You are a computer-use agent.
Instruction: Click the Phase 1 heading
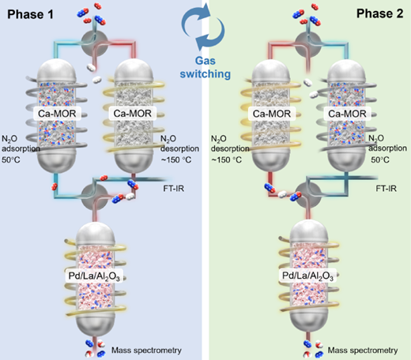click(30, 14)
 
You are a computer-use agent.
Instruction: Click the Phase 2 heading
click(379, 13)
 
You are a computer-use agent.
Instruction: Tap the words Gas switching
click(205, 68)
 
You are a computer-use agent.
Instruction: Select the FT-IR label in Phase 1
click(174, 189)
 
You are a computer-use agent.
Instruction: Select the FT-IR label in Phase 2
click(386, 189)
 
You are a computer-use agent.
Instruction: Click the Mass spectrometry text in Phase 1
click(146, 351)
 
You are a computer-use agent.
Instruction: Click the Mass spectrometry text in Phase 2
click(363, 351)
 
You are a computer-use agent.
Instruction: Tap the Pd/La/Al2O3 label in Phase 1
click(94, 276)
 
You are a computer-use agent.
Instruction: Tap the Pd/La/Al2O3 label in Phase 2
click(307, 276)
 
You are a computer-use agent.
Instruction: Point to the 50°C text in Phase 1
click(11, 159)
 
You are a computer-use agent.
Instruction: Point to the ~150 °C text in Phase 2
click(226, 159)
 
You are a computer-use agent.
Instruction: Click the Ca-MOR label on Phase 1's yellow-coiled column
click(133, 114)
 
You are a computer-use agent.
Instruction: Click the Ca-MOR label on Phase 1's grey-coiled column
click(57, 114)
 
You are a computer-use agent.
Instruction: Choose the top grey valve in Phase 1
click(95, 43)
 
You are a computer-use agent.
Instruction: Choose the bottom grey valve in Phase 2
click(308, 196)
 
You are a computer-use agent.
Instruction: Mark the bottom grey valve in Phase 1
click(94, 197)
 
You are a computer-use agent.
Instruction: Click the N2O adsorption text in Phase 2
click(387, 144)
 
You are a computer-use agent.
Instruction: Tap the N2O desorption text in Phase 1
click(179, 144)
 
